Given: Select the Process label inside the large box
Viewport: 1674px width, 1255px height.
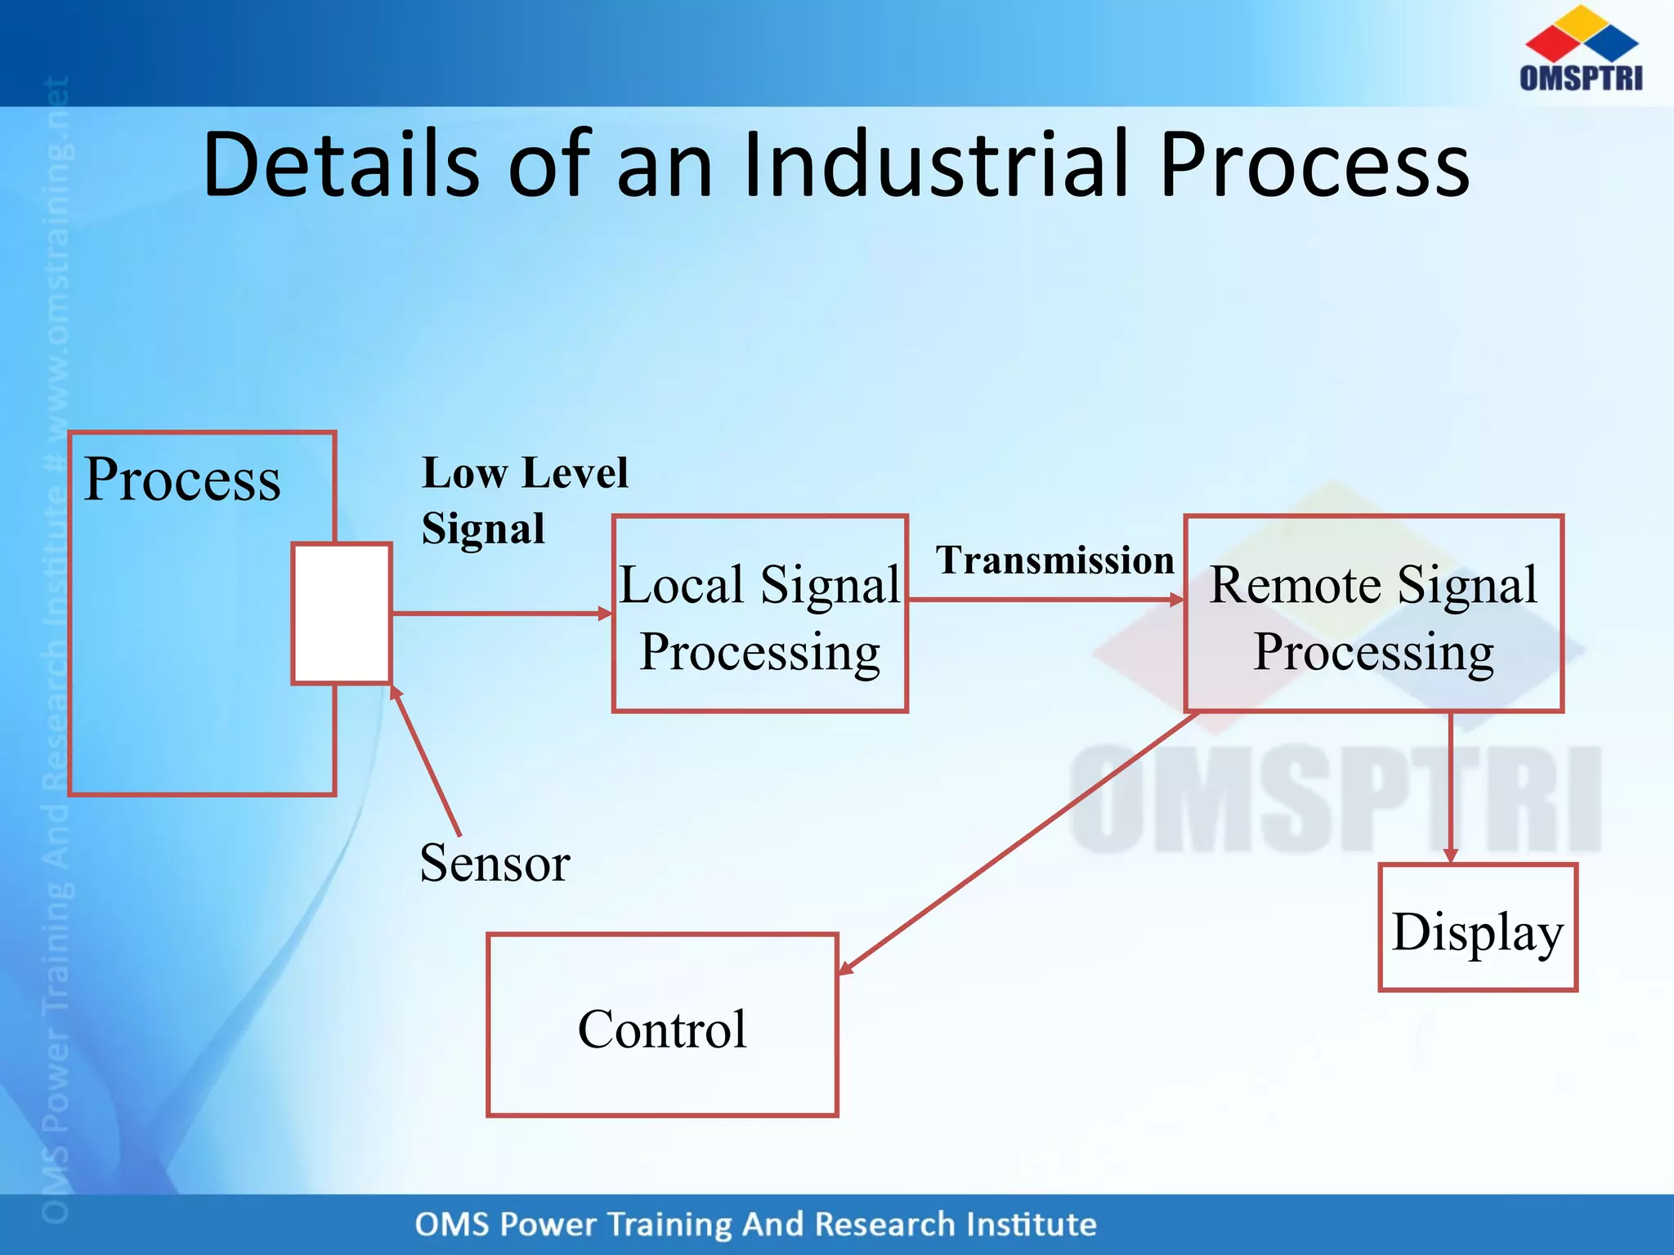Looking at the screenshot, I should [x=182, y=480].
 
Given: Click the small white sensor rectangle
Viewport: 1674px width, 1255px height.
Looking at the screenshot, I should [x=342, y=613].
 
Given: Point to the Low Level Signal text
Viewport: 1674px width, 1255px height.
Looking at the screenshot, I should [x=524, y=499].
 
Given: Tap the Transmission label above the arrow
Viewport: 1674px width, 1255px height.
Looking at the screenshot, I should [x=1054, y=561].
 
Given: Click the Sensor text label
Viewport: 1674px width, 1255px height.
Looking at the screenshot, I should [x=495, y=863].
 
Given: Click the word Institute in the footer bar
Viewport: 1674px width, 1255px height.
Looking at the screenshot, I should [x=1031, y=1225].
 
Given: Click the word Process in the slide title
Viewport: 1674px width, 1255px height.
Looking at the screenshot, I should [x=1314, y=165].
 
